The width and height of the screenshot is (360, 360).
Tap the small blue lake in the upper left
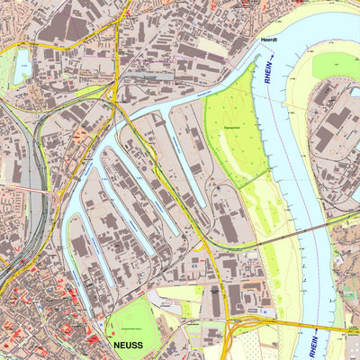pos(22,62)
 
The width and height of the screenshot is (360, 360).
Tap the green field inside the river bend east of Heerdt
pos(337,65)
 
